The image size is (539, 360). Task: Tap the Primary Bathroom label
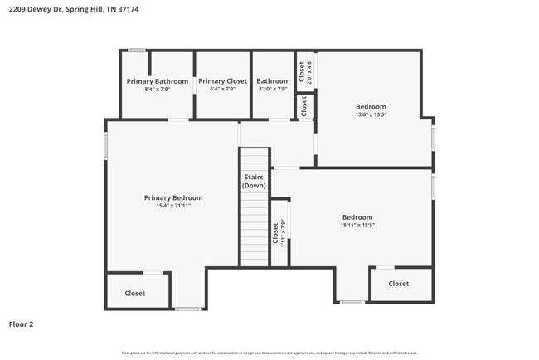157,81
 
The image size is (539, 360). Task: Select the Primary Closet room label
222,81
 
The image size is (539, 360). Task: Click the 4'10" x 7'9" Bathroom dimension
273,90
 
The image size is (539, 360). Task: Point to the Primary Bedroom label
173,197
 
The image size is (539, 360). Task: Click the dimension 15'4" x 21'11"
173,206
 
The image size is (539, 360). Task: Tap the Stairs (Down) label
254,182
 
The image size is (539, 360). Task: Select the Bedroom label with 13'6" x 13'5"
371,106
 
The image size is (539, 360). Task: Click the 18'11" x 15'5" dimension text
357,225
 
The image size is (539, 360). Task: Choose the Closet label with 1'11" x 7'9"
275,231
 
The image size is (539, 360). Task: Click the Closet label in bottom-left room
134,293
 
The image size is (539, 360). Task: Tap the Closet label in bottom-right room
399,283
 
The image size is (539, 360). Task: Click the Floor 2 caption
22,324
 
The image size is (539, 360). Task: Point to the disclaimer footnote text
269,353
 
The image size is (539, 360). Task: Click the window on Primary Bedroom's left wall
105,145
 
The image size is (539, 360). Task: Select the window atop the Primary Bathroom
137,51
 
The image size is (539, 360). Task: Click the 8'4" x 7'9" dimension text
157,90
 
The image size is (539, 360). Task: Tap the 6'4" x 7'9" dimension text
222,90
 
